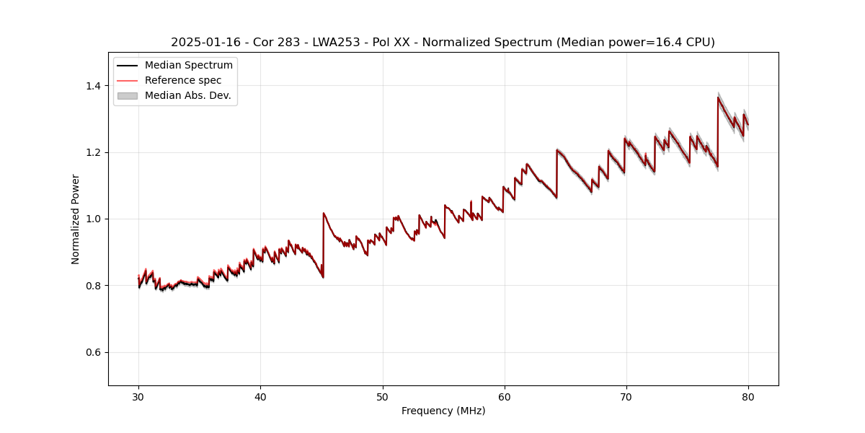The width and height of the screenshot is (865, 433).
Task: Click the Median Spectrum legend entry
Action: (x=188, y=66)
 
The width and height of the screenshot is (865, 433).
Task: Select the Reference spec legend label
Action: (x=183, y=80)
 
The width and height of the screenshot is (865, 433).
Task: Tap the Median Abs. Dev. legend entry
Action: (x=187, y=95)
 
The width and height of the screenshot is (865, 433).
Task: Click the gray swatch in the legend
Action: (x=127, y=95)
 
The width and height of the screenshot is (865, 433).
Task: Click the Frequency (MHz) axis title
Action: (x=443, y=411)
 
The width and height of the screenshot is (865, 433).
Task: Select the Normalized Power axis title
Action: (x=76, y=219)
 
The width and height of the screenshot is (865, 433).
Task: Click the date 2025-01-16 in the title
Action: (x=200, y=43)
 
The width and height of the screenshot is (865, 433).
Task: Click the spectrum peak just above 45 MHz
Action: (x=324, y=213)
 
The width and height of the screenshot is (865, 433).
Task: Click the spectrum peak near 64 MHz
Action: (x=557, y=150)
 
